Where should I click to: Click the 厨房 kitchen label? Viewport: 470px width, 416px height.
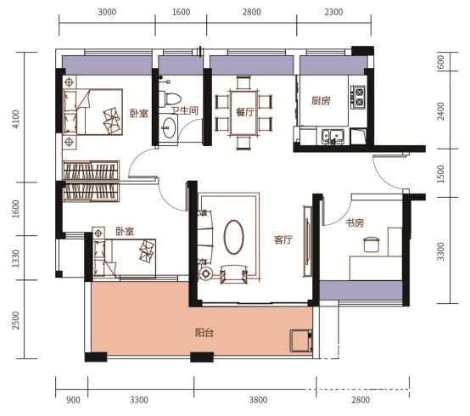click(321, 101)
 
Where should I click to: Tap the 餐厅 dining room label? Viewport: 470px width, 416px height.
click(245, 112)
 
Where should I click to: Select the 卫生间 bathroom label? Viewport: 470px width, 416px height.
click(185, 110)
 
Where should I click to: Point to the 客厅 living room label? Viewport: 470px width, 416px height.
click(283, 239)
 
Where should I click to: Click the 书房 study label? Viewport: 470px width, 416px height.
click(355, 222)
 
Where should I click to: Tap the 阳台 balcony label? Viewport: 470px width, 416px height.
click(204, 333)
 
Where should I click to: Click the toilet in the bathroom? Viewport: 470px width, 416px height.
click(170, 99)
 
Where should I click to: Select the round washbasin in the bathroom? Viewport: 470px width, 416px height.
click(169, 128)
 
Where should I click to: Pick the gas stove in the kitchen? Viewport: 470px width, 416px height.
click(358, 97)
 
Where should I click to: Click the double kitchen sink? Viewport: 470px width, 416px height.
click(333, 136)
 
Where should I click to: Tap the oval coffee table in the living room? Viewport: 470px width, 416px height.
click(233, 237)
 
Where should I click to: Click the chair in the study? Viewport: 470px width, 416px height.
click(372, 245)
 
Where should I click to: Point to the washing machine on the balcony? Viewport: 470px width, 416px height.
click(301, 340)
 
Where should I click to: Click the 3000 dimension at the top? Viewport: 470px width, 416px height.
click(107, 12)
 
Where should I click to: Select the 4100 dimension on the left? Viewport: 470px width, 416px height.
click(15, 119)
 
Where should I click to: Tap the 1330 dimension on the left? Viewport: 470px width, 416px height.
click(15, 258)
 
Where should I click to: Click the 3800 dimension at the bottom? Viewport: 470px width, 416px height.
click(258, 400)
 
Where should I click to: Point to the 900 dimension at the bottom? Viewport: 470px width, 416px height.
click(73, 400)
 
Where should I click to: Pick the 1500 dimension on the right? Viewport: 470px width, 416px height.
click(440, 174)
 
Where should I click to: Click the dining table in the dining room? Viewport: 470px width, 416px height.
click(243, 113)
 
